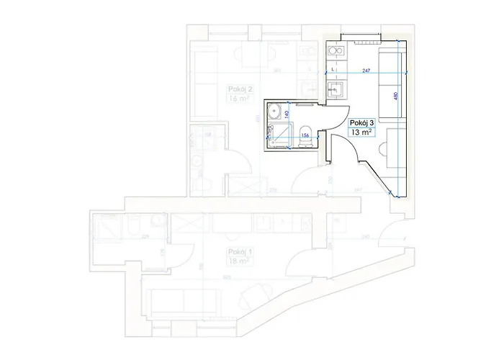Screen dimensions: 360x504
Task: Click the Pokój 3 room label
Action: (363, 123)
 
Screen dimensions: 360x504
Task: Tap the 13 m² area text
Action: (361, 133)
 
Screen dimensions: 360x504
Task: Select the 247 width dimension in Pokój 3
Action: (366, 71)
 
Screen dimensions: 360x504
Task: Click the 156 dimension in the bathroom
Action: (305, 135)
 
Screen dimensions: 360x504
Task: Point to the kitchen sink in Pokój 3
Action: (335, 89)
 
